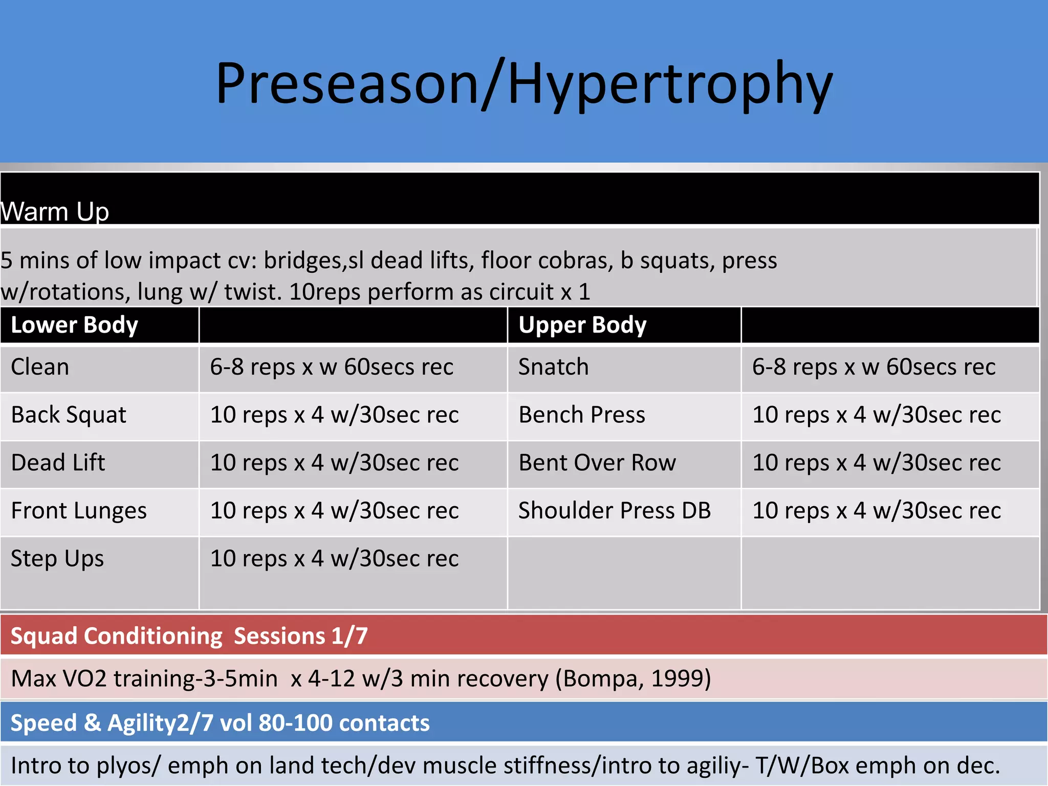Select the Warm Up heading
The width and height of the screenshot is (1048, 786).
click(x=55, y=211)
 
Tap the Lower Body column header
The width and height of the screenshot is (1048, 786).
click(x=75, y=325)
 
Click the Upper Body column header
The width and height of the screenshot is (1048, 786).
click(x=582, y=325)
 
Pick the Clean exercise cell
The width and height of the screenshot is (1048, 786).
click(x=40, y=367)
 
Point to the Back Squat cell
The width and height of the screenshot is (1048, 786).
click(x=69, y=414)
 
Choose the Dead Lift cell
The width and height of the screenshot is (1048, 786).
click(x=58, y=463)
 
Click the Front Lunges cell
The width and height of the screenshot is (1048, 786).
click(x=79, y=511)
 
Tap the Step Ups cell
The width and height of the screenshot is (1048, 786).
click(x=57, y=558)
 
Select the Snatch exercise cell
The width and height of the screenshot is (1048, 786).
click(x=553, y=367)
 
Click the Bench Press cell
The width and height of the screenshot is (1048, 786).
click(x=582, y=414)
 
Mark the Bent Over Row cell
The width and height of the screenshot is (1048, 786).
click(x=597, y=463)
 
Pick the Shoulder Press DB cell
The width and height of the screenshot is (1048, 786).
click(x=615, y=511)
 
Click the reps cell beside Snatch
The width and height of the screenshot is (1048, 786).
click(x=874, y=367)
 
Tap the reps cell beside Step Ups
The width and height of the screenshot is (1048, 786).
click(x=334, y=558)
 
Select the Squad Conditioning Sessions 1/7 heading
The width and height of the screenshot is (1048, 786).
click(x=189, y=636)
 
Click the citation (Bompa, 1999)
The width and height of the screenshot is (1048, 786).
click(x=633, y=679)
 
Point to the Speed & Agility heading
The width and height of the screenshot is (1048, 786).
click(x=220, y=723)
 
